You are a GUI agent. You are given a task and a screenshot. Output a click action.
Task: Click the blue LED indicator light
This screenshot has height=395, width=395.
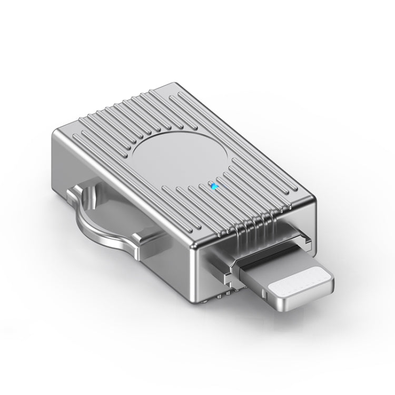[213, 185]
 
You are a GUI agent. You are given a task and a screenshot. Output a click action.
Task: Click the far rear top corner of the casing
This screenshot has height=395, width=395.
[182, 84]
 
